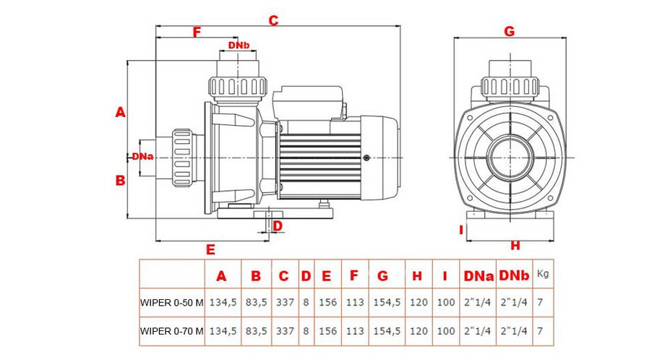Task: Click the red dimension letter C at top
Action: (273, 20)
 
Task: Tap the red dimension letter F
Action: (197, 32)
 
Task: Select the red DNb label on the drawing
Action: (239, 46)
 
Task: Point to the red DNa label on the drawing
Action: (142, 156)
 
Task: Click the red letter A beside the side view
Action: (121, 112)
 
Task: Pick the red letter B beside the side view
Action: (121, 181)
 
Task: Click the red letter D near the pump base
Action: (278, 226)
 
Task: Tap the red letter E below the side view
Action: (210, 249)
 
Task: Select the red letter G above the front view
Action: (509, 31)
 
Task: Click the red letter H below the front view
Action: (515, 246)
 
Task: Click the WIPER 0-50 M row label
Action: (171, 302)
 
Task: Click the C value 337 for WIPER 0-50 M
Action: (285, 302)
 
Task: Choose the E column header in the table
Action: (327, 275)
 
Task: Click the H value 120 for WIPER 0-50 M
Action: (418, 302)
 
